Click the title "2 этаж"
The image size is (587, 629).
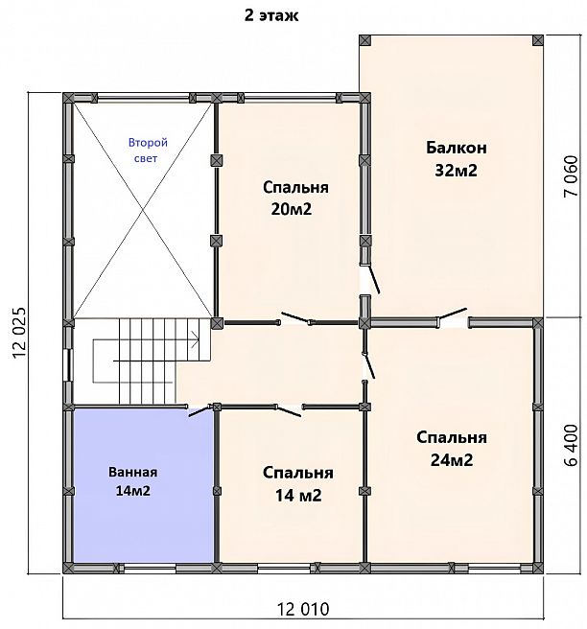(x=271, y=16)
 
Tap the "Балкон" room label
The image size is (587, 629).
(x=457, y=148)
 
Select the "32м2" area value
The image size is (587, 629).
(x=457, y=171)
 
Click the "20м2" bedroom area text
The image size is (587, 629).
(x=292, y=209)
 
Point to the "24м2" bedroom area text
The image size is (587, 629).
(x=452, y=459)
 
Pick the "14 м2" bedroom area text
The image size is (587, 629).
(x=298, y=496)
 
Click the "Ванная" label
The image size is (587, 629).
(x=132, y=472)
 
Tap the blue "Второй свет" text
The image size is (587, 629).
(x=148, y=151)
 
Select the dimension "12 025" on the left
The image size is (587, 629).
(x=19, y=333)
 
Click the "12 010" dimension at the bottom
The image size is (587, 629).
(x=303, y=610)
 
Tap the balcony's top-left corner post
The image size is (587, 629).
(x=364, y=40)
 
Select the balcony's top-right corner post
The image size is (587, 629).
(x=538, y=40)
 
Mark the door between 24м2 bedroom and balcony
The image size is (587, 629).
(x=453, y=314)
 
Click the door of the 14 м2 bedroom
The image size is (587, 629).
(x=289, y=411)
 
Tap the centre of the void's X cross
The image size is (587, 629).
(x=143, y=210)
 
